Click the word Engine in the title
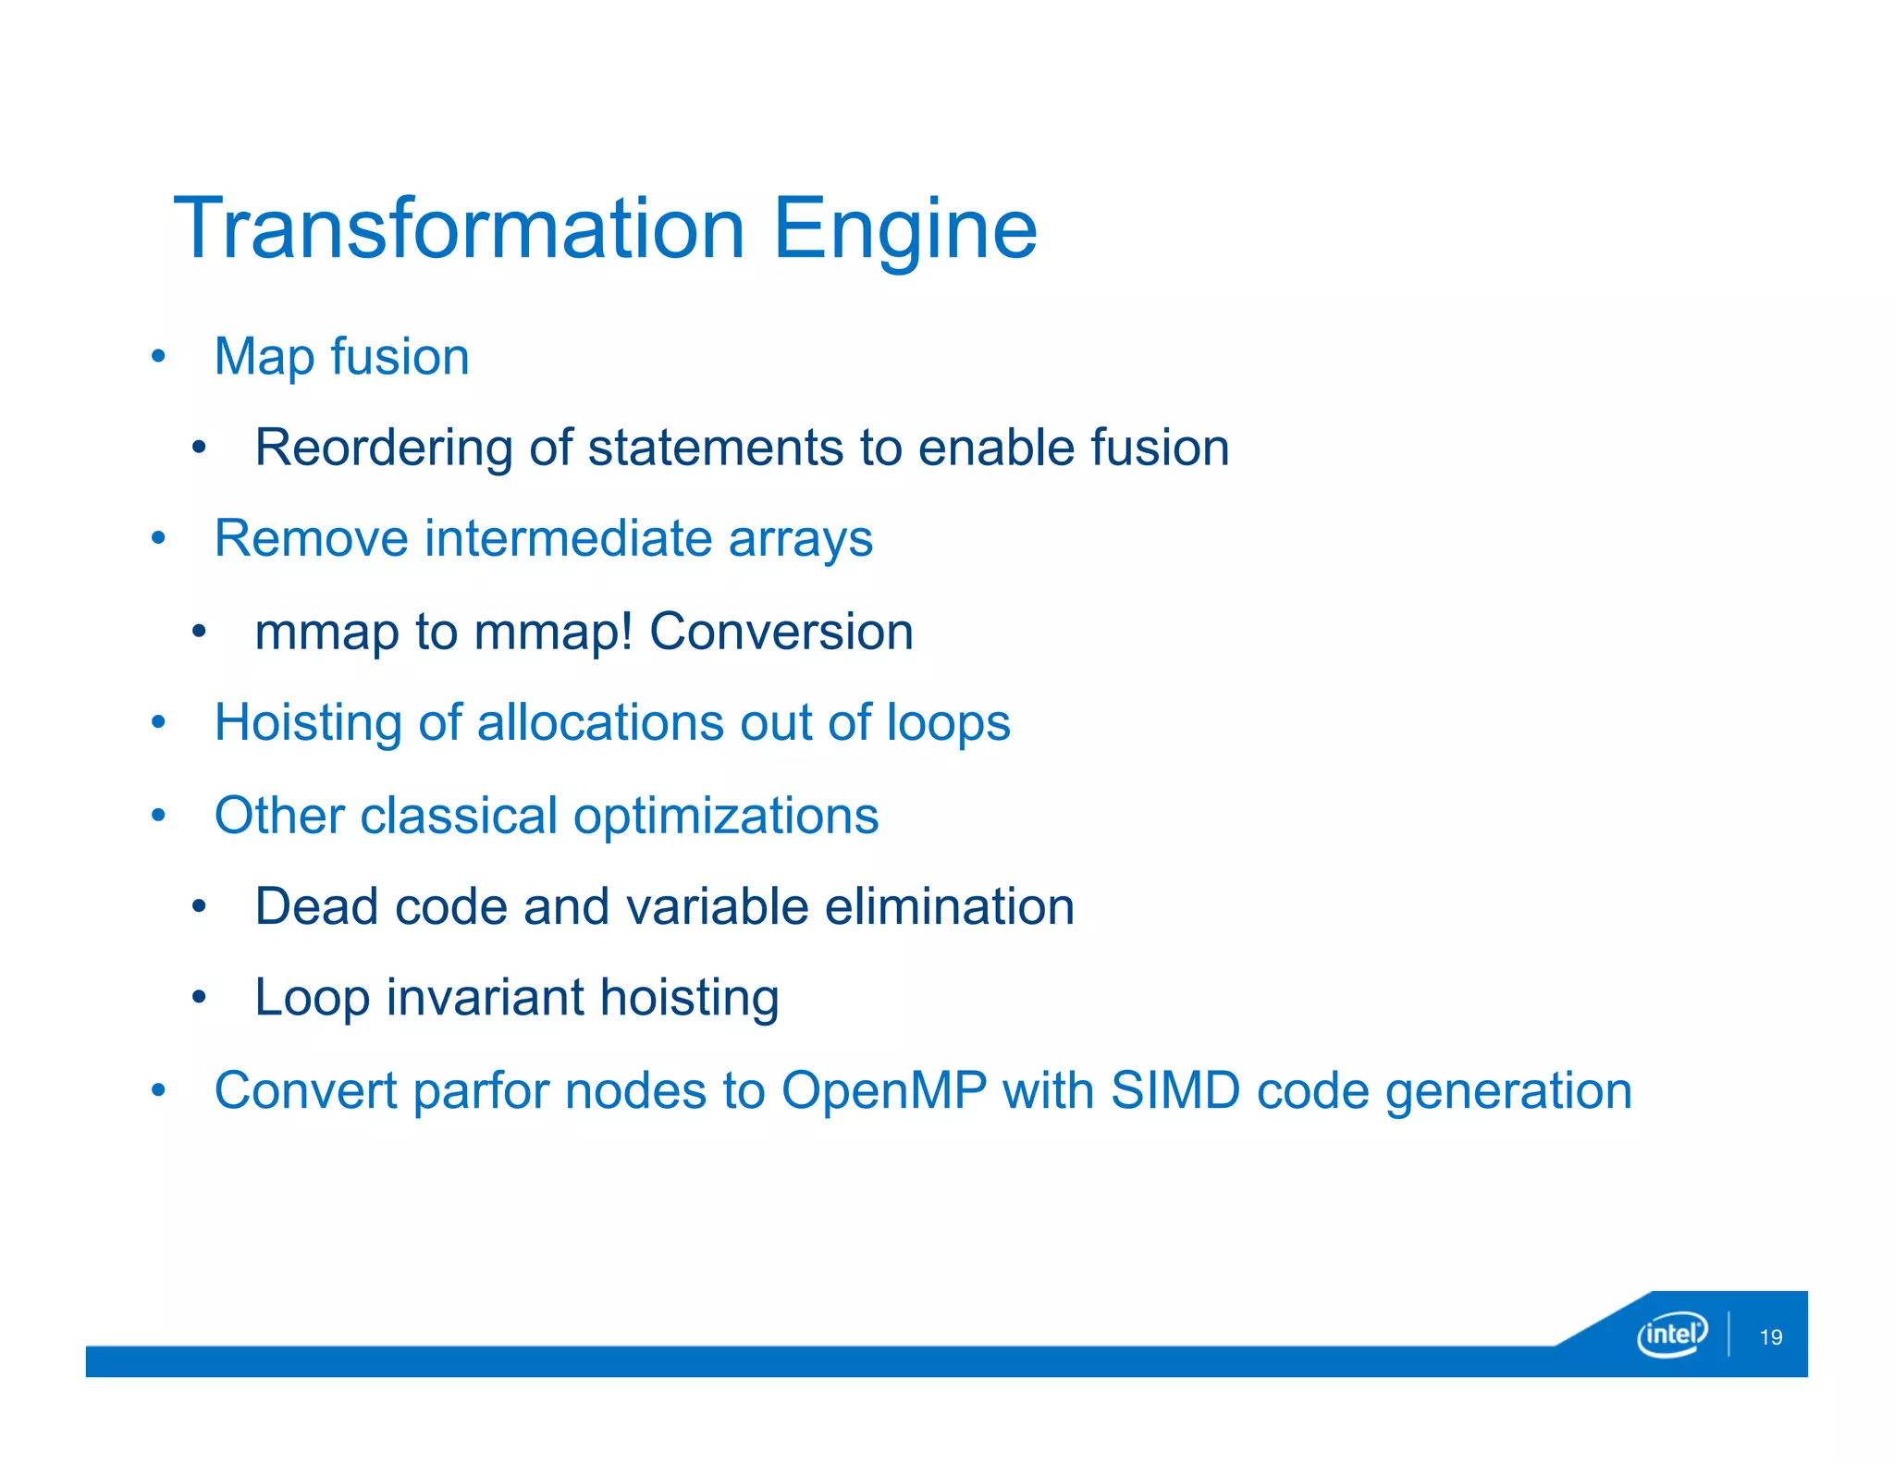904,231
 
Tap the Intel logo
1671,1334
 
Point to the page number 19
1770,1337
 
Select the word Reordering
383,449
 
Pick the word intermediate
568,538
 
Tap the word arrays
800,540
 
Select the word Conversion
781,632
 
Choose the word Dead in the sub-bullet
316,906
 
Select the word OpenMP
884,1090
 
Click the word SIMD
1175,1090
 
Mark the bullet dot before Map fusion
159,356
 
